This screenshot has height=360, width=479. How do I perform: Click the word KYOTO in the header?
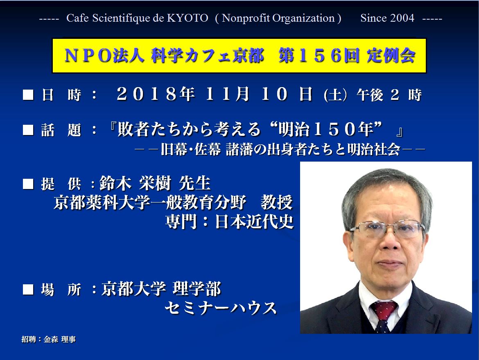188,18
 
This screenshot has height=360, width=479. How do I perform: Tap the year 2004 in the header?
402,18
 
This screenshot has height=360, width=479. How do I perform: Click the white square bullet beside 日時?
28,94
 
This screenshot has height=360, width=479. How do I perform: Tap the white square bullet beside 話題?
28,130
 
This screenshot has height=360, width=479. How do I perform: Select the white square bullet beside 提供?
28,184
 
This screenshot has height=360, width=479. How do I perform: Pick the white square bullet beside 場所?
28,289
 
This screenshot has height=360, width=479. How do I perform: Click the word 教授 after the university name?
277,202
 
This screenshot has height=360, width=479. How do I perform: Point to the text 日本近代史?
254,222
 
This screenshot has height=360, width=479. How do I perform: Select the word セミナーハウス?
221,308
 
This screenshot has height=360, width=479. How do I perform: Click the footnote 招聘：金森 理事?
49,339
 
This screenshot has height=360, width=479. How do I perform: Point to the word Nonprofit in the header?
246,18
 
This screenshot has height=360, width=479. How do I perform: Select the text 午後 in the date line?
370,95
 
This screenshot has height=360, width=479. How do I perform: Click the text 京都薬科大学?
102,202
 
